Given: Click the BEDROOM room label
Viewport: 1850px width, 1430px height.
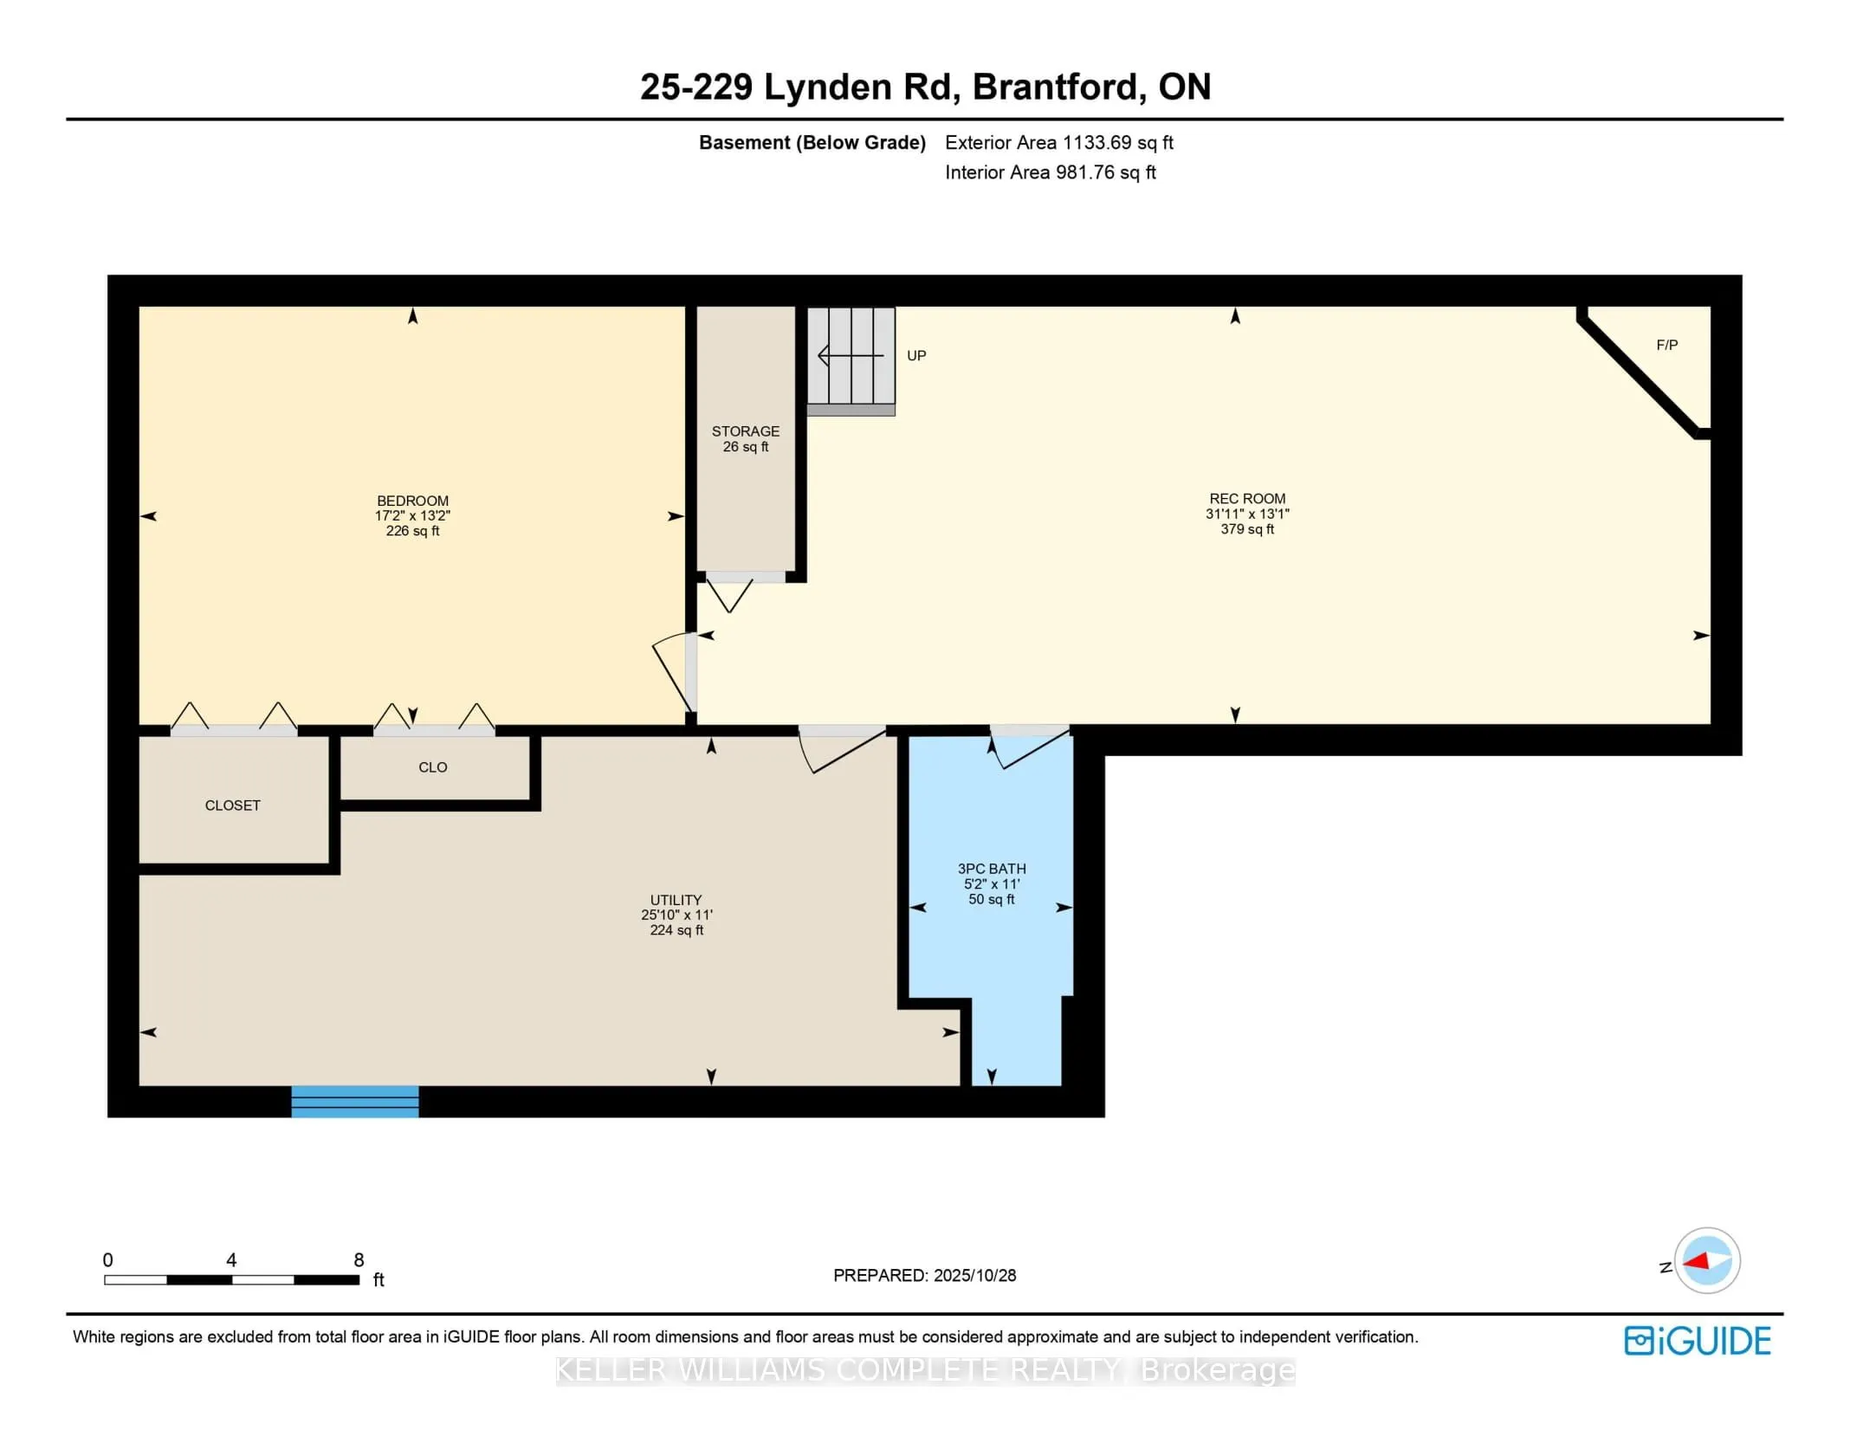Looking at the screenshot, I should (x=412, y=501).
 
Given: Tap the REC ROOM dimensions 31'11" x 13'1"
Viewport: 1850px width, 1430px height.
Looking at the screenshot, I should (x=1247, y=514).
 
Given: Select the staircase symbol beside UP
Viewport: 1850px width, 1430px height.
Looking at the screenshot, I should (x=851, y=356).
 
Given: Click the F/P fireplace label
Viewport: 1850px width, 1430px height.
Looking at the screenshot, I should (x=1666, y=345).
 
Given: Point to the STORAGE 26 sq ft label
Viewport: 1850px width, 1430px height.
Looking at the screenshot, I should (x=745, y=438).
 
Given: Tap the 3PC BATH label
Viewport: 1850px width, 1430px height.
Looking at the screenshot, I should (x=991, y=868).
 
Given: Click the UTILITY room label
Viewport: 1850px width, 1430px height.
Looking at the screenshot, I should (x=676, y=900).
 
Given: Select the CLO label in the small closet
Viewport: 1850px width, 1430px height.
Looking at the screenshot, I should (x=432, y=767).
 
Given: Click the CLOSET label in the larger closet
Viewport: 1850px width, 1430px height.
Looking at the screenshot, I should (x=232, y=806).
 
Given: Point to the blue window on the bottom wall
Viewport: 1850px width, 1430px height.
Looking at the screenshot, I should (x=355, y=1101).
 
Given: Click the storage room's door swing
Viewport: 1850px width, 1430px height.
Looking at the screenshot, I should (x=730, y=594).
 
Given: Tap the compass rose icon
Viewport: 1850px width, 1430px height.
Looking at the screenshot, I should (x=1706, y=1260).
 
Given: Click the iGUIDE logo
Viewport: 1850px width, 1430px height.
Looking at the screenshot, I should (x=1697, y=1341).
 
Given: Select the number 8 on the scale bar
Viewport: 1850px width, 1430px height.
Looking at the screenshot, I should (x=359, y=1260).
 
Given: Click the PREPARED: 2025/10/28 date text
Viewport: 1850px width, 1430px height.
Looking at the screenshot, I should (x=924, y=1275).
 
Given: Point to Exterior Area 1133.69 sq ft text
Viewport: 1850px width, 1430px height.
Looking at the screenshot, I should (x=1058, y=143).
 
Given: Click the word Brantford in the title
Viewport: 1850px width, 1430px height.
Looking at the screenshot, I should (x=1054, y=87).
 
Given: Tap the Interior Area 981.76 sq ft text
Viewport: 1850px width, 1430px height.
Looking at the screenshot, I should (x=1050, y=172).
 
